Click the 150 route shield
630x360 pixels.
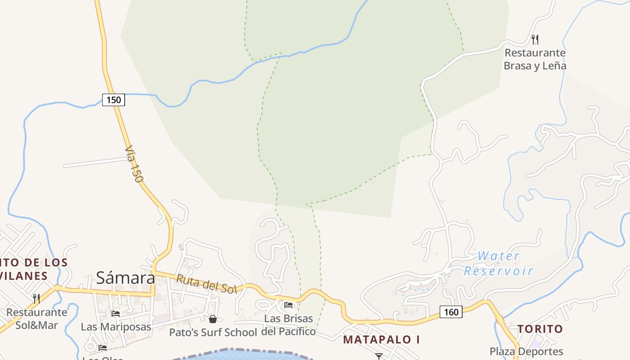coord(113,100)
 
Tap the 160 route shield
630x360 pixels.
coord(450,312)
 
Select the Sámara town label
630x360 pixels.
coord(126,278)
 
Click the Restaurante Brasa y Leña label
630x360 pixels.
coord(535,59)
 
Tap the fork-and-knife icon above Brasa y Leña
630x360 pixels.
coord(535,40)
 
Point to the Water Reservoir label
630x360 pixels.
coord(498,263)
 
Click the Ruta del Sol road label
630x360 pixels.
coord(206,284)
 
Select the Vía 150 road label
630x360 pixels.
coord(134,163)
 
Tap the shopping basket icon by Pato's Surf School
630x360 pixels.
coord(213,319)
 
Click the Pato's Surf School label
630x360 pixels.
coord(213,333)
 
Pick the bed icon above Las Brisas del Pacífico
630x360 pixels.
coord(288,305)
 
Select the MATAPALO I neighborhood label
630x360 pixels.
coord(382,340)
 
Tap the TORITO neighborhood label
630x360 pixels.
coord(540,329)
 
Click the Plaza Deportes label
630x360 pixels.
coord(526,351)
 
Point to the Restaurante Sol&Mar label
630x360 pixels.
coord(36,318)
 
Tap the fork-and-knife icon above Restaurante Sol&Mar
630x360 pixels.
coord(36,298)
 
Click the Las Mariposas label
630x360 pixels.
coord(116,327)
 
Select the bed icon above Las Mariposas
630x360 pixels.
coord(116,314)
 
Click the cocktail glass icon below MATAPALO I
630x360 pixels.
coord(378,356)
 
